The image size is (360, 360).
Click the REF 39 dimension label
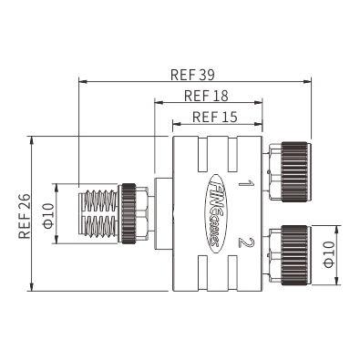192,75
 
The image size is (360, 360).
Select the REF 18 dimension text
206,96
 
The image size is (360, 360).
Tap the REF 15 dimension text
215,117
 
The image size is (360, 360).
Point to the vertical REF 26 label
25,216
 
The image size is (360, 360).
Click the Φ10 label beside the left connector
49,216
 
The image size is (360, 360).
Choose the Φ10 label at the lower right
329,254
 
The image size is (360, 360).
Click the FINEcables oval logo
217,213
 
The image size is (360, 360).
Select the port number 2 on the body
246,243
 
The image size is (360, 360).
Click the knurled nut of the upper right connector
294,171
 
